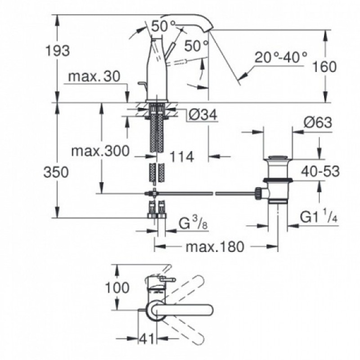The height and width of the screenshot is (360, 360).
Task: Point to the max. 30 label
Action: point(94,77)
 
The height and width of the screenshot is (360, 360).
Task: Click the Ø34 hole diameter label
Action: point(202,115)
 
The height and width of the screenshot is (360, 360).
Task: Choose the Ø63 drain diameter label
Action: point(317,122)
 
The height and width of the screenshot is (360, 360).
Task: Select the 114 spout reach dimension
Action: point(182,157)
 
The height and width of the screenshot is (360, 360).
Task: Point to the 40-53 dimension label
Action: point(320,171)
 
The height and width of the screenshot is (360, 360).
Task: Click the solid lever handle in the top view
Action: point(184,310)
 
